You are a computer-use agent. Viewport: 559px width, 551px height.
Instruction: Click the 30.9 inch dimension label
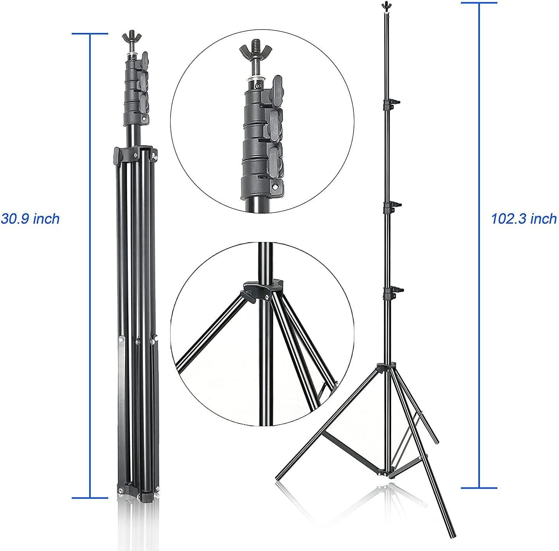coord(30,219)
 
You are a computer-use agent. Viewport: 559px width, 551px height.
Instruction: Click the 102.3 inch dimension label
coord(524,219)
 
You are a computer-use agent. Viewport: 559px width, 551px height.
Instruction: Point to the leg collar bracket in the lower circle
coord(262,290)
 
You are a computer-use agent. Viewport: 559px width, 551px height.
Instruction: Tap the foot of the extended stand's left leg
coord(278,477)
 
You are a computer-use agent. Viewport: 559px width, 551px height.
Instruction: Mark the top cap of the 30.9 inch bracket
coord(90,34)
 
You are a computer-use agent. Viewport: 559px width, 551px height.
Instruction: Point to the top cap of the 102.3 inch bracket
coord(479,3)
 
